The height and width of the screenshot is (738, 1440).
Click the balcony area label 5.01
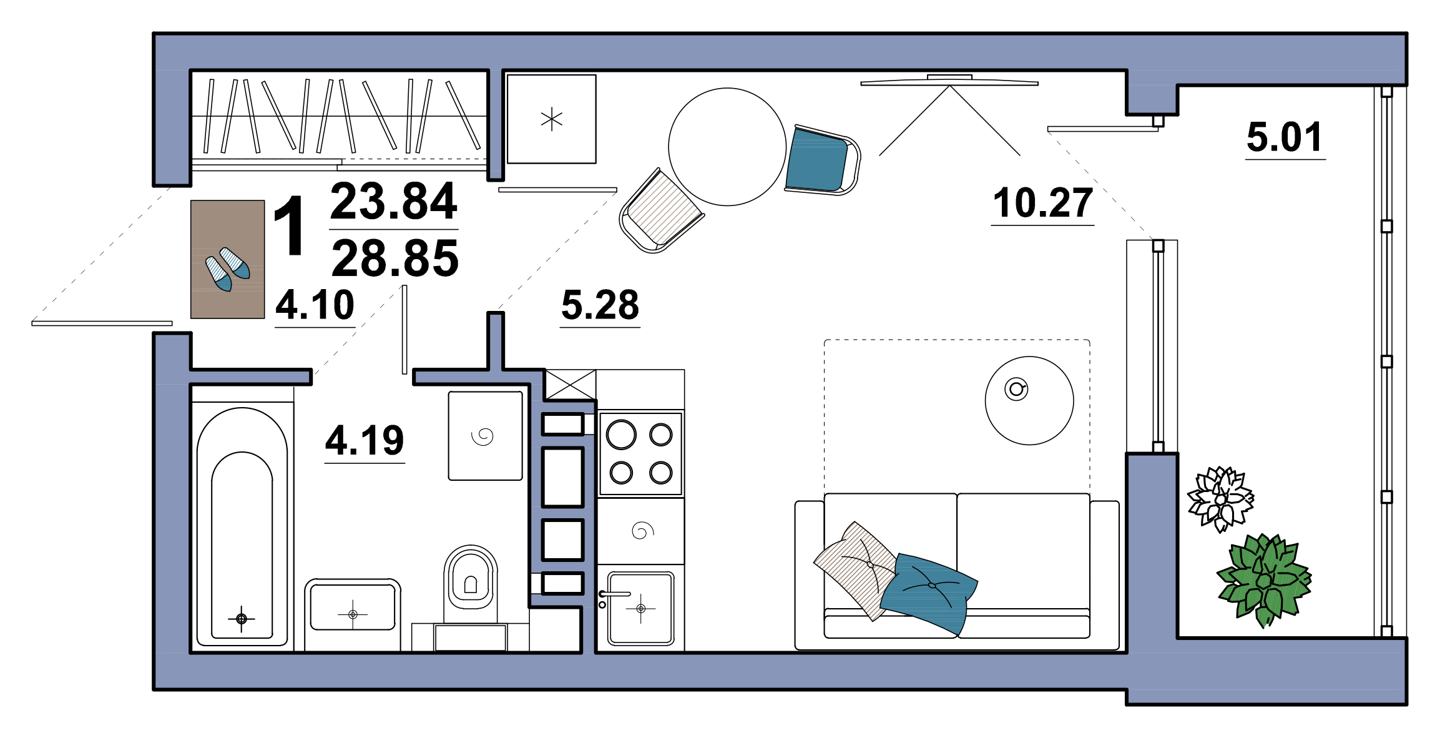coord(1285,137)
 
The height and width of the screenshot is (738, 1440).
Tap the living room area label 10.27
coord(1042,203)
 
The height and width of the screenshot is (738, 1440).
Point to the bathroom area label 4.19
coord(365,440)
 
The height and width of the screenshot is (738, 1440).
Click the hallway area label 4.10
coord(315,305)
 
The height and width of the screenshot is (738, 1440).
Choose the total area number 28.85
coord(394,258)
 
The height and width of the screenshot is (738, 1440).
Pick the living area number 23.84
coord(394,201)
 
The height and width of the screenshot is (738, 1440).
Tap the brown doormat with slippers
coord(228,259)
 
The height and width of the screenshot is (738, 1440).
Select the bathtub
coord(242,524)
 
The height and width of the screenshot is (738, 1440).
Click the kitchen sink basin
coord(640,608)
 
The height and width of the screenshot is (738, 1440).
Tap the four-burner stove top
coord(640,453)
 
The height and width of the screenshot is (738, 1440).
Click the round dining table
coord(727,147)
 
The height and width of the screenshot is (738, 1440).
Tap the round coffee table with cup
coord(1029,401)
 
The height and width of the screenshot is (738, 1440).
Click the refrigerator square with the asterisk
coord(552,119)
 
